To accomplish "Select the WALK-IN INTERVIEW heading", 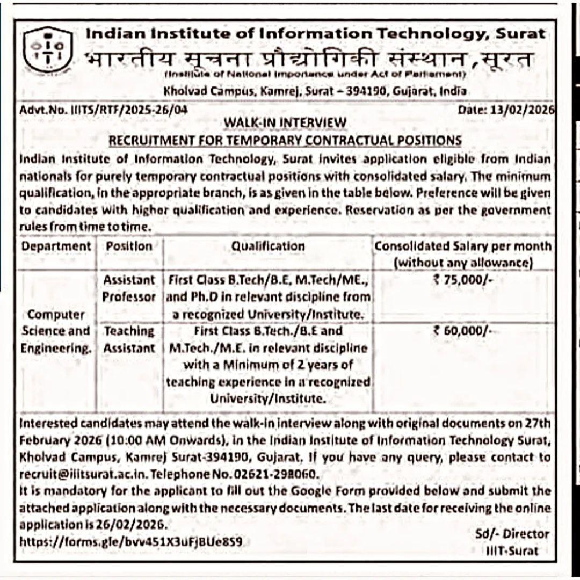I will coord(285,122).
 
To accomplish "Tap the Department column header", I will coord(56,247).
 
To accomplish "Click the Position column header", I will coord(129,247).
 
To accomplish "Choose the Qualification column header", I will coord(268,247).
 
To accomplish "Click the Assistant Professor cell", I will coord(129,288).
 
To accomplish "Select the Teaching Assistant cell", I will coord(129,339).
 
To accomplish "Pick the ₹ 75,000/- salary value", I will coord(462,280).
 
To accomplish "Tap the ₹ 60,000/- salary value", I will coord(462,331).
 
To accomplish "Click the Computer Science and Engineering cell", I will coord(56,331).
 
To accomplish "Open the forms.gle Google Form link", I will coord(130,542).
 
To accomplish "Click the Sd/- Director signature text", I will coord(512,534).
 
